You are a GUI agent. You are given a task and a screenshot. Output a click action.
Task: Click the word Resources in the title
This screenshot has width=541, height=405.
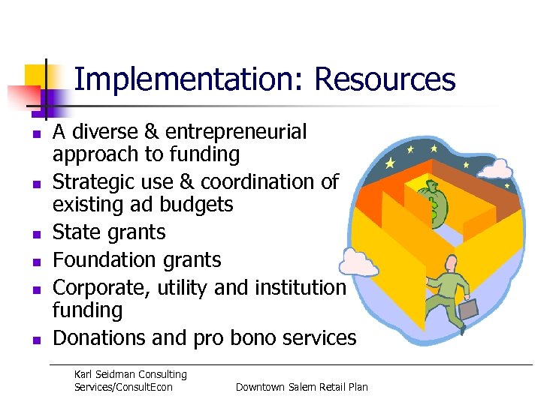385,79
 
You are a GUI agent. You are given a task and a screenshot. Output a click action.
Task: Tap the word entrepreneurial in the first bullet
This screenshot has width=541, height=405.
236,132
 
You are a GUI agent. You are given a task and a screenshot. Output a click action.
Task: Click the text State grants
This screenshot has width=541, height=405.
109,232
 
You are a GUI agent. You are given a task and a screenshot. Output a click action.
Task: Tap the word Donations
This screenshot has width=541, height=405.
99,338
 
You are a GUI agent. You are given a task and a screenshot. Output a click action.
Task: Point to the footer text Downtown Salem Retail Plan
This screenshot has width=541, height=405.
301,387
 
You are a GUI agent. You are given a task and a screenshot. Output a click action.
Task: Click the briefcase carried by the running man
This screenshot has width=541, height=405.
468,307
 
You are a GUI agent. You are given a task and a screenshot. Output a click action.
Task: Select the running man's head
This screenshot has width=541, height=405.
450,263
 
